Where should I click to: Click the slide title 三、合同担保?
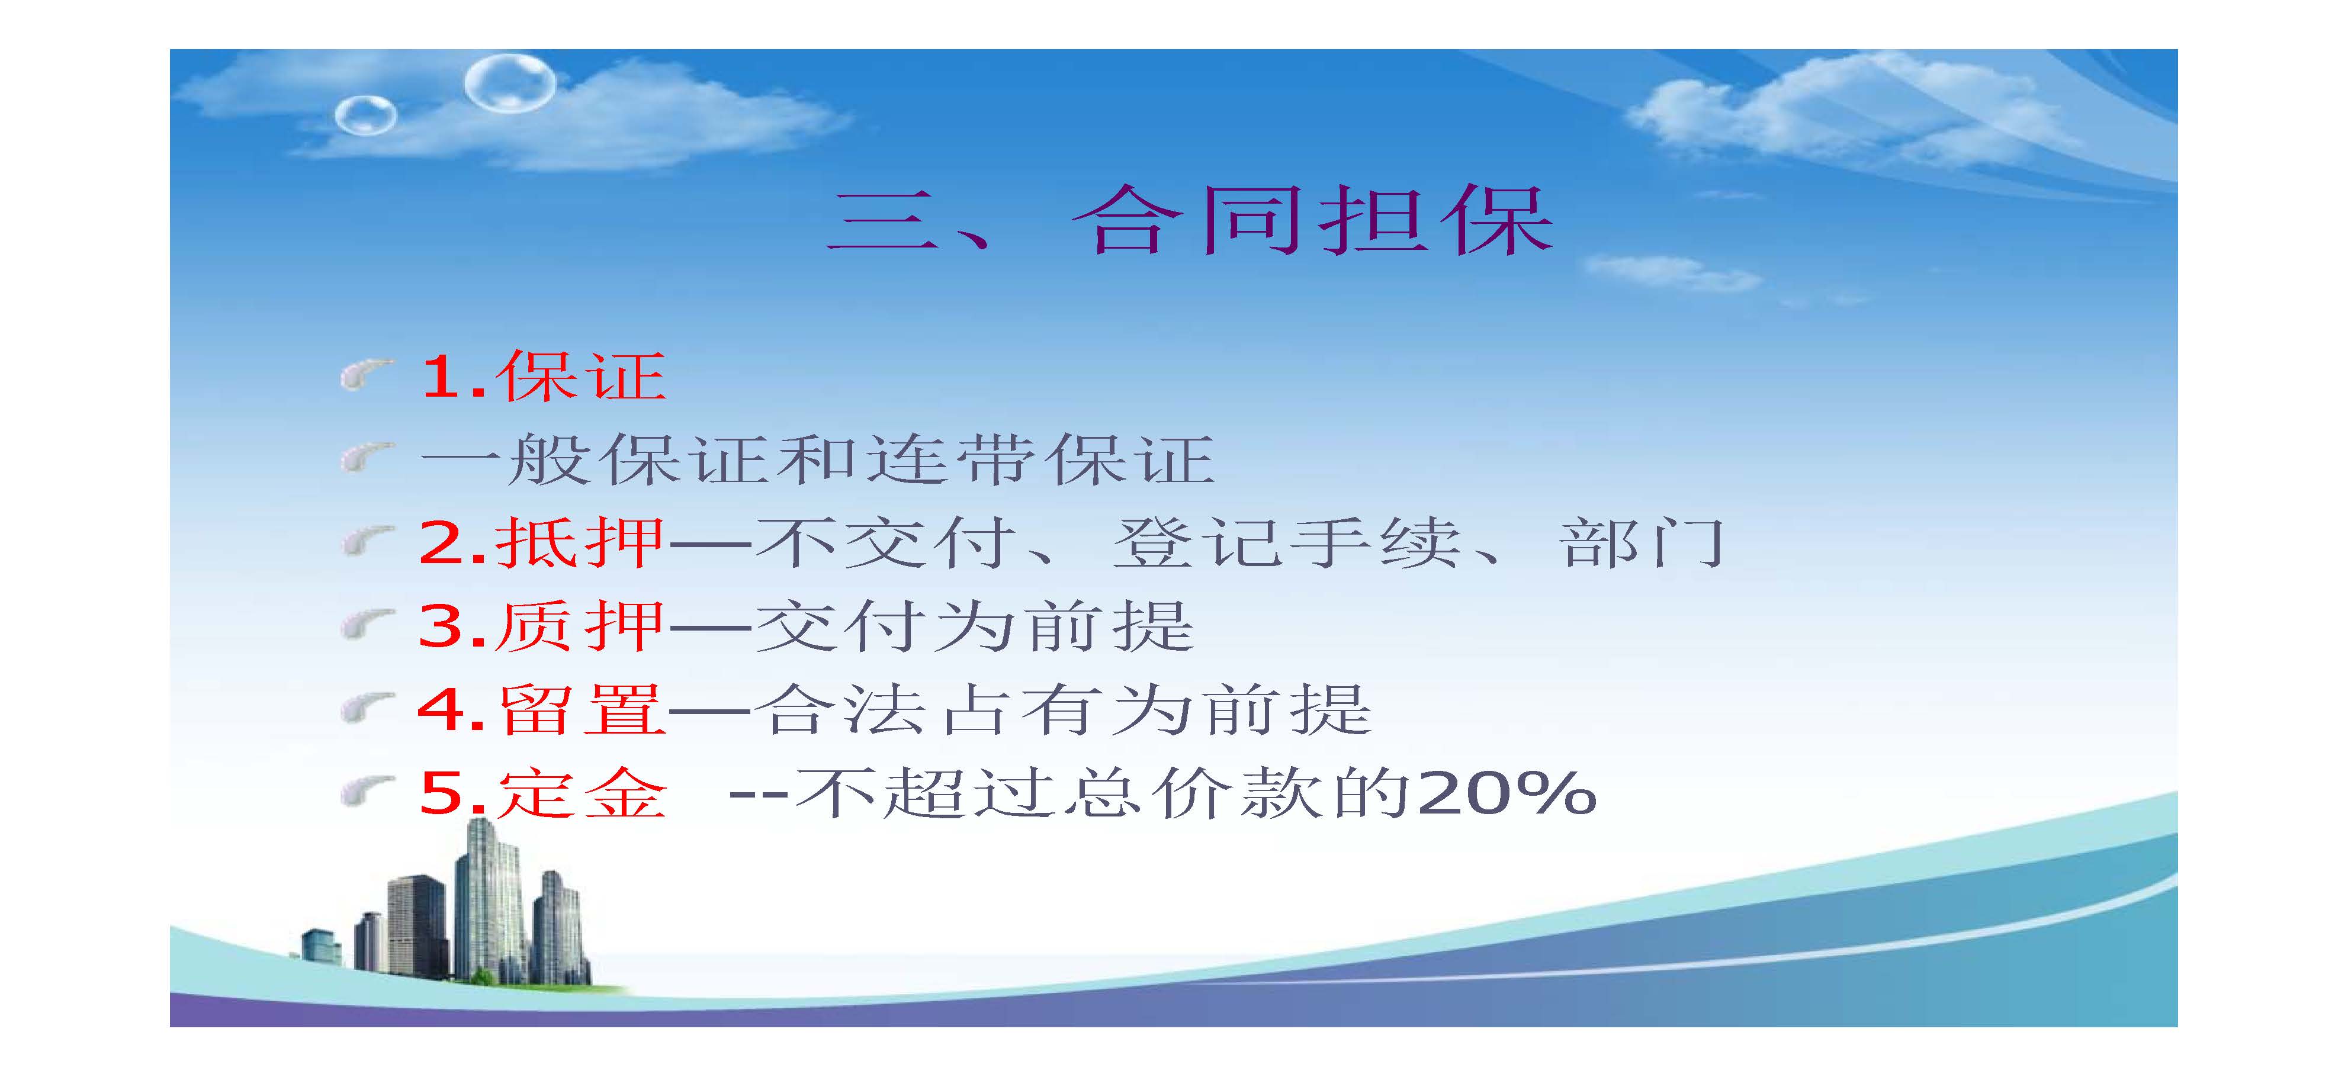coord(1190,220)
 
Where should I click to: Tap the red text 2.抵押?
coord(541,543)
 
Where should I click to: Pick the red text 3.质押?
coord(541,626)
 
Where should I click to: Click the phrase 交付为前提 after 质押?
coord(974,626)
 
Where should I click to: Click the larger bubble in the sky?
coord(509,83)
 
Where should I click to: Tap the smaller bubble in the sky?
coord(365,115)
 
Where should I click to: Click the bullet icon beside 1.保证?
coord(367,374)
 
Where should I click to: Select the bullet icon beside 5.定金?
coord(367,792)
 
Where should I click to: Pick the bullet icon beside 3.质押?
coord(367,625)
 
